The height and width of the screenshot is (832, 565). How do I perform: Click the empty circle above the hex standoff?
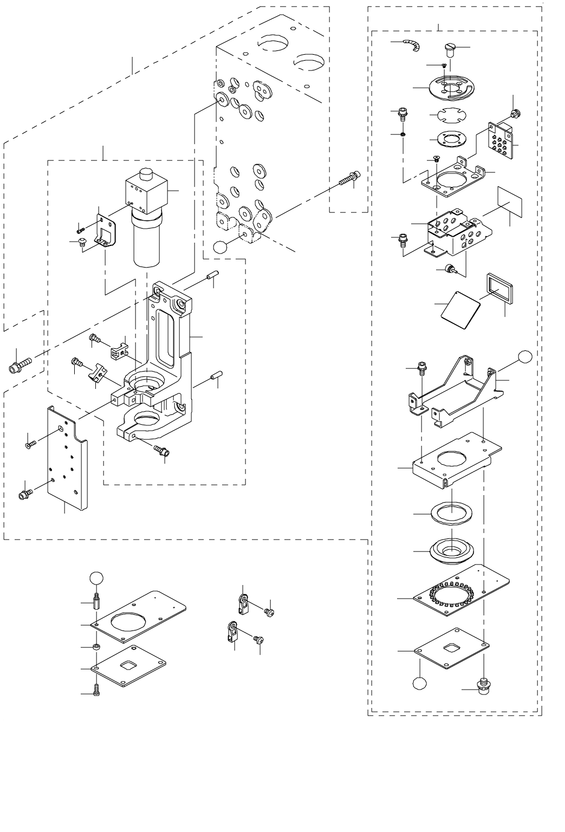[95, 577]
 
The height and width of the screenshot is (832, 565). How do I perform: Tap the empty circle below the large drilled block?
[220, 246]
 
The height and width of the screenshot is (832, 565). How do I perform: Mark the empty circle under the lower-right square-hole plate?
[419, 682]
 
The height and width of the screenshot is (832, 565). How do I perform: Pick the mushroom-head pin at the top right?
[451, 50]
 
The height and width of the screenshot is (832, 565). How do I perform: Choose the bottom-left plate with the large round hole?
[141, 614]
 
